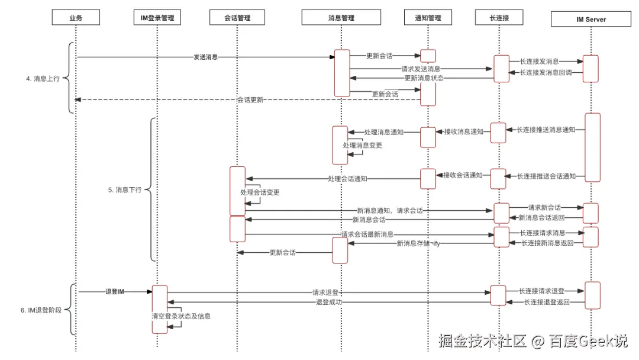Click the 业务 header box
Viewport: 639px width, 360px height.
76,18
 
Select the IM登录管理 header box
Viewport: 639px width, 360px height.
157,18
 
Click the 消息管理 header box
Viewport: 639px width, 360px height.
341,18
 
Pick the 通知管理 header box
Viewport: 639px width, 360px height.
428,18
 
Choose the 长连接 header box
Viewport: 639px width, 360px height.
499,18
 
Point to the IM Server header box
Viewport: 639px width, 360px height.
591,19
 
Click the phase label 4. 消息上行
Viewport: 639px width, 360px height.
43,78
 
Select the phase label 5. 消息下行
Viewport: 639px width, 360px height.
124,190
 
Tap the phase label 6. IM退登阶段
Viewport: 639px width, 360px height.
40,310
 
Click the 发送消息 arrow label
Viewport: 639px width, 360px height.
205,57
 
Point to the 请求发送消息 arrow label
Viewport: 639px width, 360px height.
421,69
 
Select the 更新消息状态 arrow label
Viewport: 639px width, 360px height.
424,78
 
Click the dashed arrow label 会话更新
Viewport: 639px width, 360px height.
250,100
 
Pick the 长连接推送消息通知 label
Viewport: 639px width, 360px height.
546,130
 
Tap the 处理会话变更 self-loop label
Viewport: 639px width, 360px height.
260,192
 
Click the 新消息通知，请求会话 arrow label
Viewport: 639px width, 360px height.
389,210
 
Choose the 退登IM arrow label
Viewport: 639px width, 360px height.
115,291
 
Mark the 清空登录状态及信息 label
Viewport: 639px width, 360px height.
181,316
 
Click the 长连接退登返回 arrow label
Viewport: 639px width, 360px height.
547,303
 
